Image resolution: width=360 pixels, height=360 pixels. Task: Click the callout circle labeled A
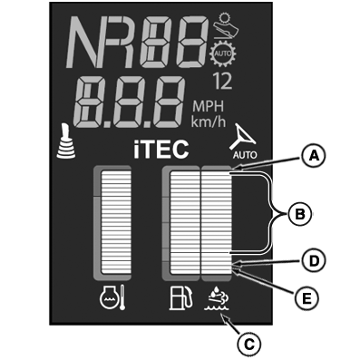(x=313, y=157)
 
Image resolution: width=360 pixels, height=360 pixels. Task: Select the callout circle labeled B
(x=299, y=214)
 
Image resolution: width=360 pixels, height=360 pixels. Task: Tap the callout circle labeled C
(x=248, y=344)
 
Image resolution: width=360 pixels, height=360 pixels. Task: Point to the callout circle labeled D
(x=313, y=261)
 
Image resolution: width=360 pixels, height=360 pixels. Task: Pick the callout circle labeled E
(x=306, y=298)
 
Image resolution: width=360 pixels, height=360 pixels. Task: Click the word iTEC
(x=161, y=150)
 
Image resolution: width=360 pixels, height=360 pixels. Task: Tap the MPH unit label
(x=209, y=107)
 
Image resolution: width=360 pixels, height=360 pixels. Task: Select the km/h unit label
(x=209, y=122)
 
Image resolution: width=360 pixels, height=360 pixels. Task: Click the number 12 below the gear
(x=223, y=82)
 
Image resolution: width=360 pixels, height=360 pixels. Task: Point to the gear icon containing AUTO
(x=223, y=54)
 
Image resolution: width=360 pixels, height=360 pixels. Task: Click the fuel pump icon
(x=180, y=298)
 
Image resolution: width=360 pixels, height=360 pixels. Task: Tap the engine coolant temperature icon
(x=112, y=297)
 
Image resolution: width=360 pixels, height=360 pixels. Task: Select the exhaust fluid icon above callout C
(x=217, y=298)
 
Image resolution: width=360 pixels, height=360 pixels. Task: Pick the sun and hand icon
(x=226, y=25)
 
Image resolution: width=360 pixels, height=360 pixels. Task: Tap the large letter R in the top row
(x=123, y=43)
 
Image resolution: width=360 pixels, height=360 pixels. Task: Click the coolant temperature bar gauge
(x=112, y=222)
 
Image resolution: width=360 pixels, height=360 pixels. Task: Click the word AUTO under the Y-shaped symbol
(x=245, y=155)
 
